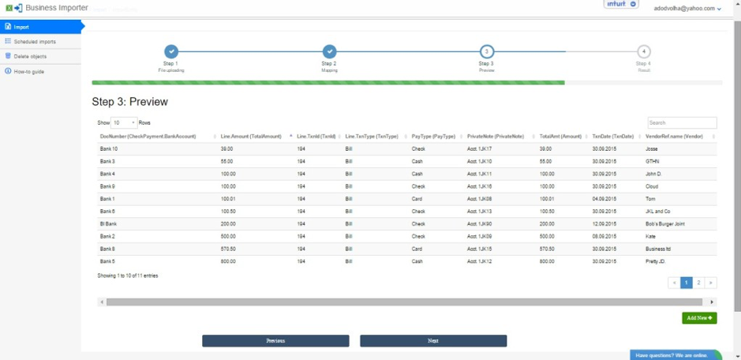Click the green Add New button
[699, 318]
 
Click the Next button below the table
[433, 341]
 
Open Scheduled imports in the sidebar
[35, 42]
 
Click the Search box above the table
[682, 123]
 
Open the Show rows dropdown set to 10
[124, 123]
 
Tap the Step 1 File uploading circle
[171, 52]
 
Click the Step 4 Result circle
[644, 52]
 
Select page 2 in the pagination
[699, 283]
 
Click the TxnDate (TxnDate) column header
[613, 137]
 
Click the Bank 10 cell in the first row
[109, 148]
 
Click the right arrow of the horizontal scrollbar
[713, 302]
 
